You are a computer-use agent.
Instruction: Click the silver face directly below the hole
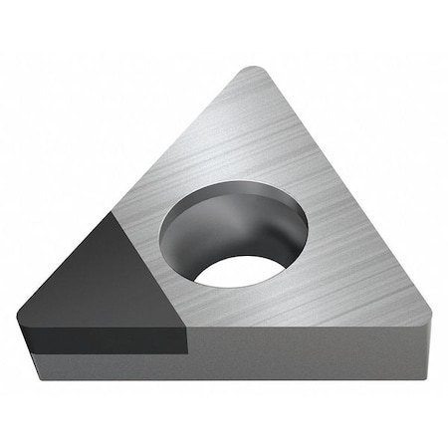pyautogui.click(x=249, y=309)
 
